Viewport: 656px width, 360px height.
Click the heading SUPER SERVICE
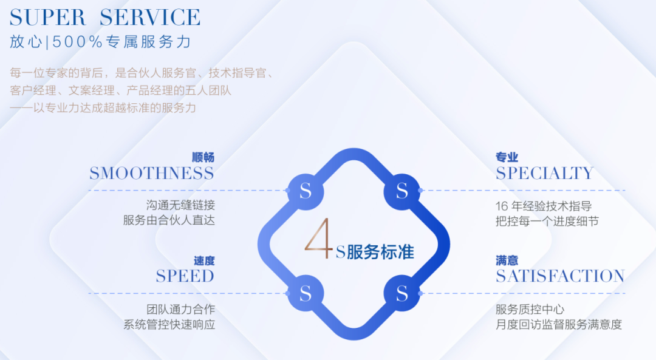105,18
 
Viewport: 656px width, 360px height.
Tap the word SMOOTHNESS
151,173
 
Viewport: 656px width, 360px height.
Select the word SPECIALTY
545,173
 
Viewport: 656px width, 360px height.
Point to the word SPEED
185,276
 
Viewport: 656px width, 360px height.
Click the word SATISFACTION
560,276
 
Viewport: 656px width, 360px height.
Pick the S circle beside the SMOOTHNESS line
306,191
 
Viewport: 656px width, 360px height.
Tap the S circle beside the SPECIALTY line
402,191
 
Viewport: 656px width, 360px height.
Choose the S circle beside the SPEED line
306,293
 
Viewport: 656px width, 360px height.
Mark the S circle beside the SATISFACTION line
402,293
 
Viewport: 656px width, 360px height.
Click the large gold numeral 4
319,239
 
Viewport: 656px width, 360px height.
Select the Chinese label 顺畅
203,157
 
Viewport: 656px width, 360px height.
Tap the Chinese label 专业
507,157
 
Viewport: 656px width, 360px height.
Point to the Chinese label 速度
204,261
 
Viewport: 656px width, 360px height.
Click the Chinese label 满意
507,261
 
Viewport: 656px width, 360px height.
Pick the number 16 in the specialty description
502,206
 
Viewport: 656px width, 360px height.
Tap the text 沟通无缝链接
181,205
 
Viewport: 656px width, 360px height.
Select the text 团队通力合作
181,310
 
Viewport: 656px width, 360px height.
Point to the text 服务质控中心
530,310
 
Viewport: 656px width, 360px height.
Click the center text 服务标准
380,252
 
